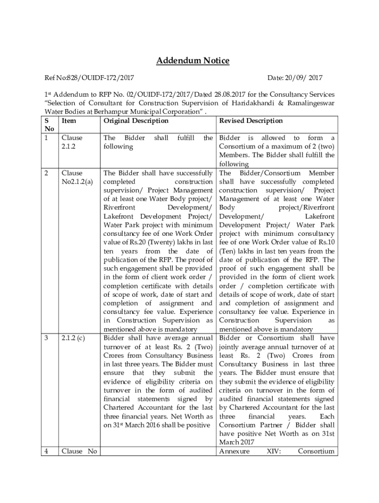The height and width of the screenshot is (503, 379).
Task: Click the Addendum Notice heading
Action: tap(192, 61)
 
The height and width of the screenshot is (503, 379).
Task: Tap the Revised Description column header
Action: tap(251, 121)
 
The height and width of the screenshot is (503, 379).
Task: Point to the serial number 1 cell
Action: tap(46, 138)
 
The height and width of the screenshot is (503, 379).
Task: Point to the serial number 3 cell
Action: tap(46, 338)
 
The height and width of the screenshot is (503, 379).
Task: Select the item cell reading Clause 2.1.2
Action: tap(72, 142)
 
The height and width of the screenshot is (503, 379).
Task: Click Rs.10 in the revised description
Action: tap(326, 242)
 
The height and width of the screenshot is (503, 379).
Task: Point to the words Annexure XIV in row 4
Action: tap(249, 451)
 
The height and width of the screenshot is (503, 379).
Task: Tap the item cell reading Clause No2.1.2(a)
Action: tap(77, 177)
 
